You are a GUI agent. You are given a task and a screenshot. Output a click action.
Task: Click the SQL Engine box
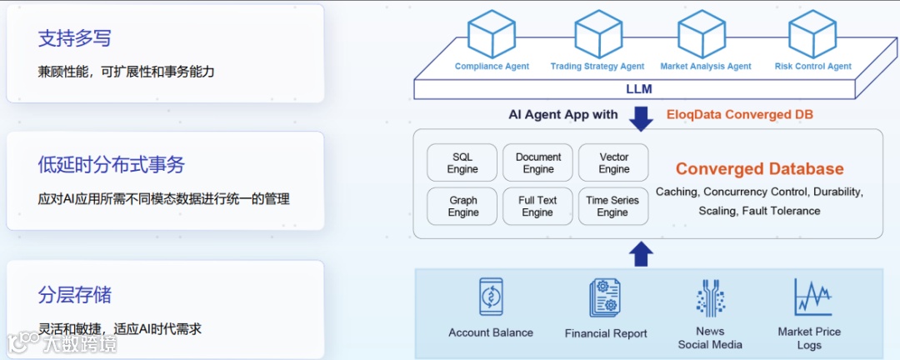tap(462, 162)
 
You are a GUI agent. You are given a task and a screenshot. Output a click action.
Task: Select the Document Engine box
tap(538, 162)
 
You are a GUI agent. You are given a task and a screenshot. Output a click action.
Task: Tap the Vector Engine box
tap(614, 162)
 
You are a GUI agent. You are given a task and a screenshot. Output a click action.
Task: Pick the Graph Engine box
tap(462, 206)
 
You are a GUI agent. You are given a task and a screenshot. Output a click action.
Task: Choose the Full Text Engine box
tap(538, 206)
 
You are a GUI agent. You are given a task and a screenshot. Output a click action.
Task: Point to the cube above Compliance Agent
tap(492, 34)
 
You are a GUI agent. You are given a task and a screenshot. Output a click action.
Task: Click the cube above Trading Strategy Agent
tap(597, 34)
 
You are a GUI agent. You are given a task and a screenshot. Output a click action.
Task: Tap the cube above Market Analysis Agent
tap(702, 34)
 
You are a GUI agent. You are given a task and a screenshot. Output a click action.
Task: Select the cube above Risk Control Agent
tap(812, 34)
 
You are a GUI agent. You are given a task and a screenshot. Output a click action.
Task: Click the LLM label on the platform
tap(639, 89)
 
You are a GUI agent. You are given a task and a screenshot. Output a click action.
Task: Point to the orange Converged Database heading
tap(759, 169)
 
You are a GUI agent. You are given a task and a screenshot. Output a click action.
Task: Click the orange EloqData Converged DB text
tap(740, 114)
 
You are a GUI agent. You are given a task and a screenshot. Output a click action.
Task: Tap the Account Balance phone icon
tap(491, 297)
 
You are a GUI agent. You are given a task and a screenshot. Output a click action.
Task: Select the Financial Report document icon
tap(605, 298)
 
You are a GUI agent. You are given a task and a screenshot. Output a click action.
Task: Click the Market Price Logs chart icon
tap(811, 297)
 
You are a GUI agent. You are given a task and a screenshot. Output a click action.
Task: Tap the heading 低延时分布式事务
tap(111, 165)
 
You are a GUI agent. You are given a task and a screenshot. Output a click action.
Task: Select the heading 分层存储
tap(74, 295)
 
